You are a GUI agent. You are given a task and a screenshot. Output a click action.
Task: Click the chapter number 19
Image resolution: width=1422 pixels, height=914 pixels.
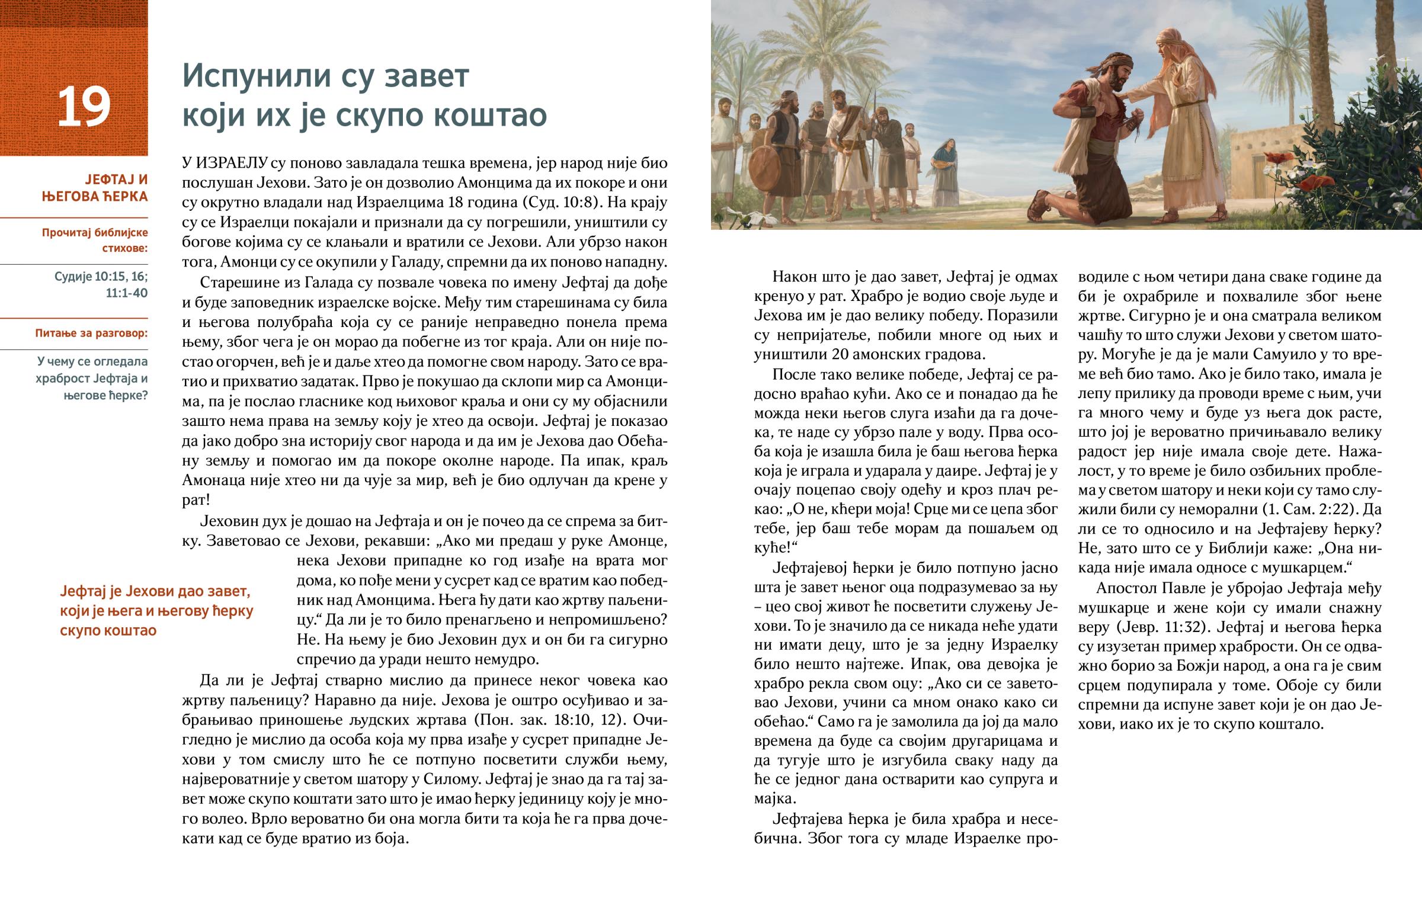[84, 106]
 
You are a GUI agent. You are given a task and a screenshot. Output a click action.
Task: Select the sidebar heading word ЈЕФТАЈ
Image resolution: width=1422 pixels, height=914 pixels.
[116, 179]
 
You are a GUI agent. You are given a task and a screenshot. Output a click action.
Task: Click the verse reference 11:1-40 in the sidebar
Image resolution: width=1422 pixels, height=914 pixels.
[126, 293]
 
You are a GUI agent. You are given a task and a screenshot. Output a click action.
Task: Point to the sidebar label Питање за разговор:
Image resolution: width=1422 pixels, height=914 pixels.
[91, 333]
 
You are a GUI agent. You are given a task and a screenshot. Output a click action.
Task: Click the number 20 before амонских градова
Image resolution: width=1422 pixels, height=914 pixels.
[854, 354]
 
